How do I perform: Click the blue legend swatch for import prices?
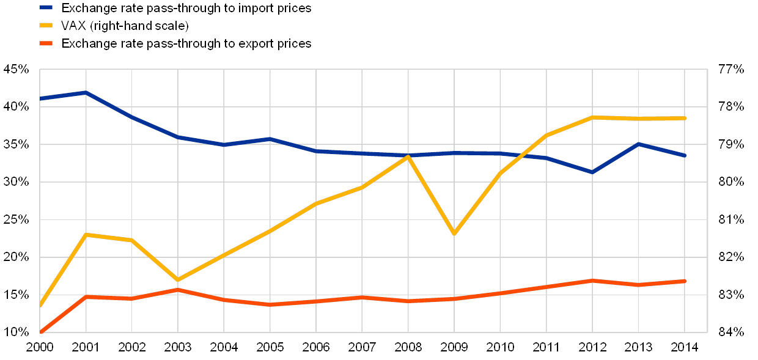pos(46,8)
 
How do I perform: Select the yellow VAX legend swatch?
pos(46,26)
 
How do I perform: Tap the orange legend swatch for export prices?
pos(46,43)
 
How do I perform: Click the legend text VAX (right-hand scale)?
pos(125,26)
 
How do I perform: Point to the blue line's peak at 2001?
pos(86,93)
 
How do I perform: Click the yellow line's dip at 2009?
pos(454,233)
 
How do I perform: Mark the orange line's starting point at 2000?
pos(40,332)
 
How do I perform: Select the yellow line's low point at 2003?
pos(178,280)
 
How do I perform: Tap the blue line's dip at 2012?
pos(592,172)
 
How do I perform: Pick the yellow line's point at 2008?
pos(408,157)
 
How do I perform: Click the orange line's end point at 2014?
pos(685,281)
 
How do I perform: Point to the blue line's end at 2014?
pos(685,155)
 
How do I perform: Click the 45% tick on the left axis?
pos(17,69)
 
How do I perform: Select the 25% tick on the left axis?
pos(17,219)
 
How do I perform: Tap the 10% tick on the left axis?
pos(17,332)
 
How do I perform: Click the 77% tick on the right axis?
pos(732,69)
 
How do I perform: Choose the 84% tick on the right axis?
pos(732,332)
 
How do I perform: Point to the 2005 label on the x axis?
pos(270,347)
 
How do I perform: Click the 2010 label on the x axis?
pos(501,347)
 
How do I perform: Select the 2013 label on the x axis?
pos(639,347)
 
